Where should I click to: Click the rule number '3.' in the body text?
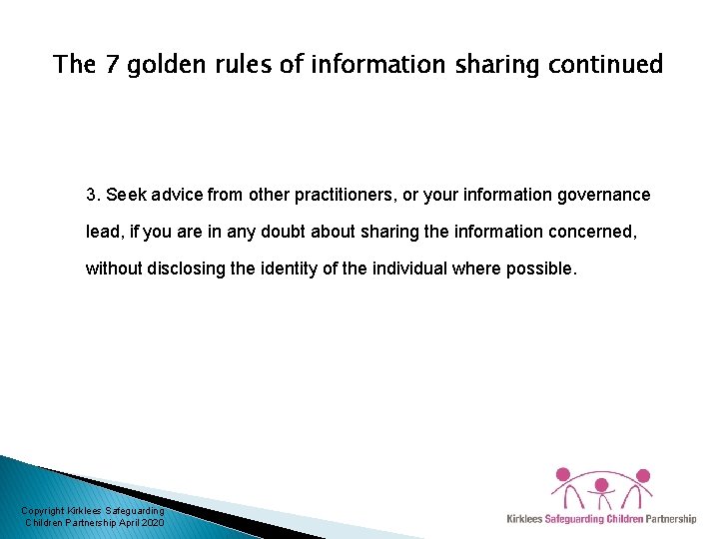point(93,195)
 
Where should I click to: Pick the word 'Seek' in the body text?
point(124,195)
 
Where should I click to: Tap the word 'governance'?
point(602,195)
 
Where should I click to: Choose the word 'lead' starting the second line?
point(101,232)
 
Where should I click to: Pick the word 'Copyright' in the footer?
point(43,511)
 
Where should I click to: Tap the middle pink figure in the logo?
point(601,489)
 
